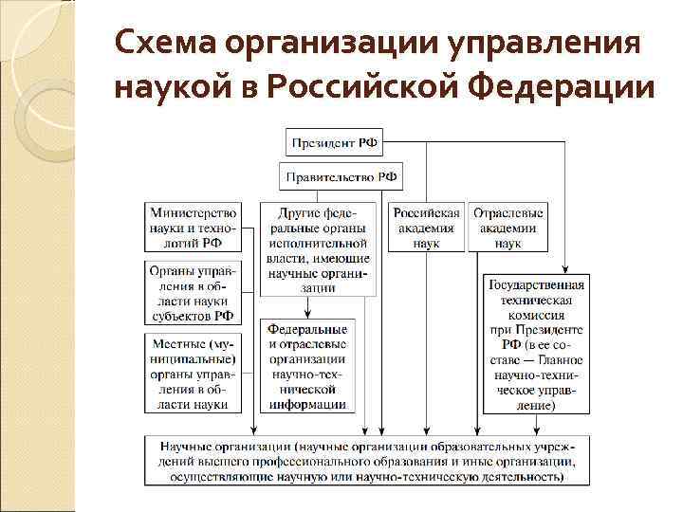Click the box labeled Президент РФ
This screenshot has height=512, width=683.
point(335,144)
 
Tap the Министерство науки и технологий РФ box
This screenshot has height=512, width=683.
point(193,228)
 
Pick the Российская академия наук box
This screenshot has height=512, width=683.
point(427,228)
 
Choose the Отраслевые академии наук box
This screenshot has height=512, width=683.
point(508,228)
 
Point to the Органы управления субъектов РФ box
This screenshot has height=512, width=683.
point(193,293)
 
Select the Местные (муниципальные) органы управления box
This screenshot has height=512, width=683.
point(193,372)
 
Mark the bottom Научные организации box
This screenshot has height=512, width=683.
point(366,461)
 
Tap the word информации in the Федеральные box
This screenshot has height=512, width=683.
point(307,404)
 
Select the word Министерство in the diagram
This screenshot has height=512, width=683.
point(193,213)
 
